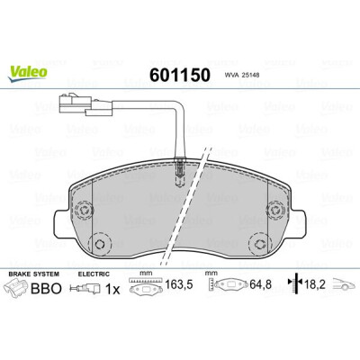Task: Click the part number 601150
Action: [180, 75]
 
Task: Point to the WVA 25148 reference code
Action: [242, 76]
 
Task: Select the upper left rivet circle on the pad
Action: [84, 210]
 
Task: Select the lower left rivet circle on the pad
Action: [100, 243]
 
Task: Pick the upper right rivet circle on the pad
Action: [275, 210]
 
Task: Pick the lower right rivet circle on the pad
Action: [260, 244]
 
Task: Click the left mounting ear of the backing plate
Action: [62, 223]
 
